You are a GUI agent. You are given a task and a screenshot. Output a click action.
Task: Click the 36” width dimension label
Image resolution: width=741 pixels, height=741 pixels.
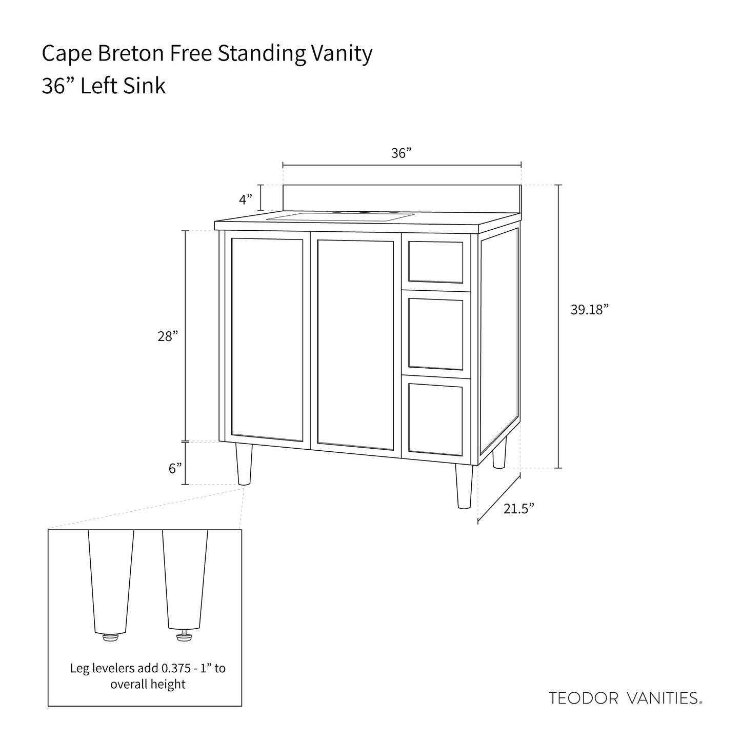[x=402, y=153]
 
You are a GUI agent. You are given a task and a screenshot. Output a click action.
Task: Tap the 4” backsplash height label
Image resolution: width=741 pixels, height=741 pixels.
[x=246, y=198]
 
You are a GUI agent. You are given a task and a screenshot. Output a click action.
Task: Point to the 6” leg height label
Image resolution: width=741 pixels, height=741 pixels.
[x=175, y=468]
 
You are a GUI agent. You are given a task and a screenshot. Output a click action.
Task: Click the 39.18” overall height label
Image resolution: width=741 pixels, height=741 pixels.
[x=589, y=310]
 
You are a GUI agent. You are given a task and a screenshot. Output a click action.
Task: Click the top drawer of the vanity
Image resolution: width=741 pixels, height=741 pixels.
[x=435, y=262]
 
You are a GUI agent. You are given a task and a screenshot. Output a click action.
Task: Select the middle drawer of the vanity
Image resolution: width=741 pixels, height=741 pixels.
[x=435, y=334]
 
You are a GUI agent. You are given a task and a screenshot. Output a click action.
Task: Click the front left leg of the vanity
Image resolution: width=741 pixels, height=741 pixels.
[x=244, y=464]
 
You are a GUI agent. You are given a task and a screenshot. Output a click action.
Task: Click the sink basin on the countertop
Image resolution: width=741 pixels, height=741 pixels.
[x=341, y=217]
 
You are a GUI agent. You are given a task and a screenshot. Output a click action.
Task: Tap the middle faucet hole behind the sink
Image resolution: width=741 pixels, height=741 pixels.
[x=365, y=212]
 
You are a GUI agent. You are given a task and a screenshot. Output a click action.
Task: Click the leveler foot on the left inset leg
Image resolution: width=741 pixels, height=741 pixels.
[x=110, y=637]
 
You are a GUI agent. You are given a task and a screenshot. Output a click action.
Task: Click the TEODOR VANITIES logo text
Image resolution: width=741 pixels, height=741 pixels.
[x=625, y=698]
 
